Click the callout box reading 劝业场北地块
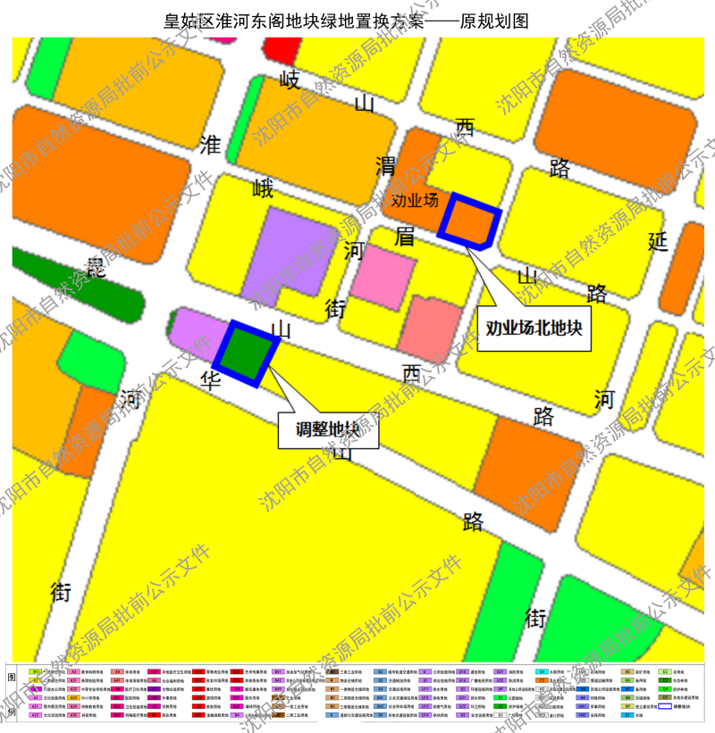pos(534,328)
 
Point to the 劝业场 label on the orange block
pos(415,200)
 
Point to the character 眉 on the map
pos(405,237)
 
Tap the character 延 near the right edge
pos(658,240)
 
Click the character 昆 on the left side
pos(95,267)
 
